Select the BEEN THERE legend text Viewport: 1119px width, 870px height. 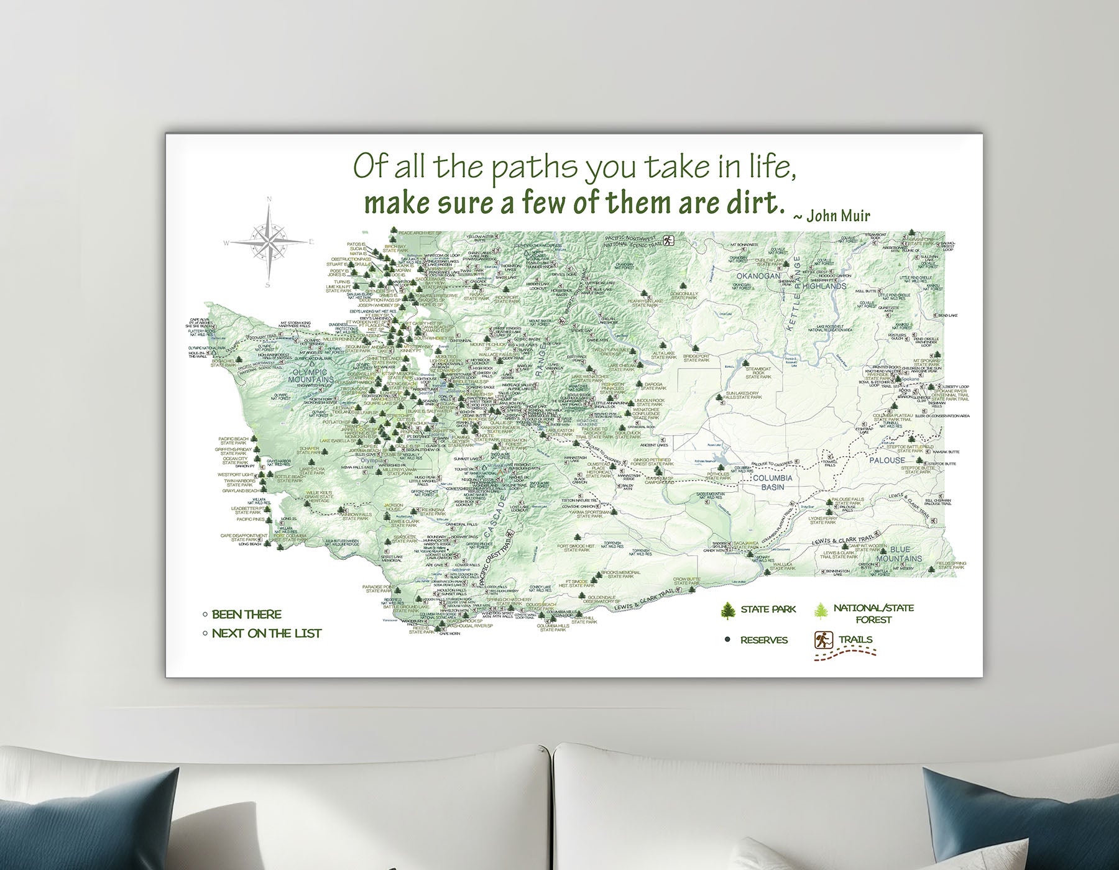pyautogui.click(x=246, y=615)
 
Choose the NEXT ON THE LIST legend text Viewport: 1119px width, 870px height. pyautogui.click(x=267, y=634)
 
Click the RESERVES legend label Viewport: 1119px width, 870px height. pyautogui.click(x=764, y=640)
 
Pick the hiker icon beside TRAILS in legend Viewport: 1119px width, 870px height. pyautogui.click(x=823, y=639)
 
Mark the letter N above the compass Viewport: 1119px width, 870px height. pyautogui.click(x=269, y=199)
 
